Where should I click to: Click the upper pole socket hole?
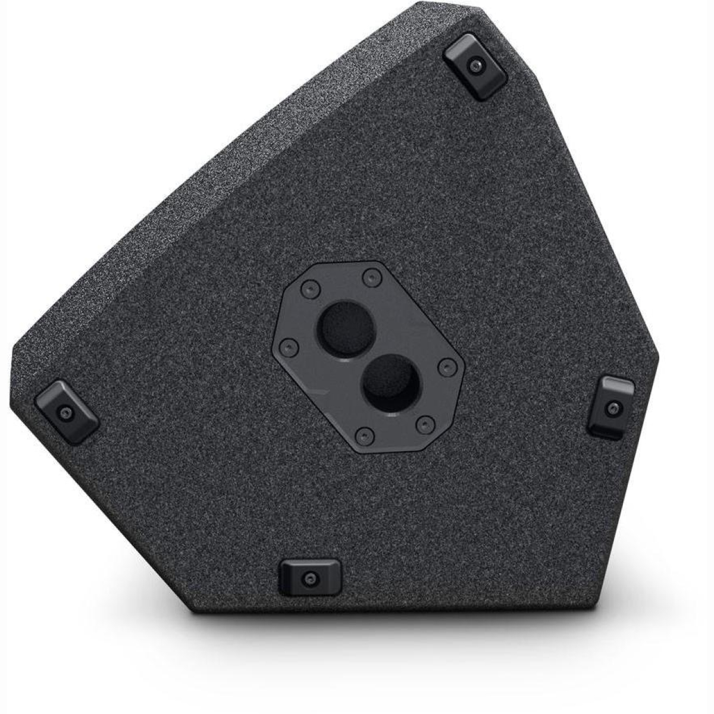pos(346,329)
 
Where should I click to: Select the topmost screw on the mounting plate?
pos(372,276)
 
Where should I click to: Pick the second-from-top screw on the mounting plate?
pos(308,290)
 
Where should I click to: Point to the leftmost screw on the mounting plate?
pos(288,346)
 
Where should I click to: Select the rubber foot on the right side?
pos(611,408)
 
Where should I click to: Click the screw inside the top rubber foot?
pos(474,65)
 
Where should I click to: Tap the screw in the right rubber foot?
pos(613,408)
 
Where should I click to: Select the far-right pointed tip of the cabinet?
pos(659,357)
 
